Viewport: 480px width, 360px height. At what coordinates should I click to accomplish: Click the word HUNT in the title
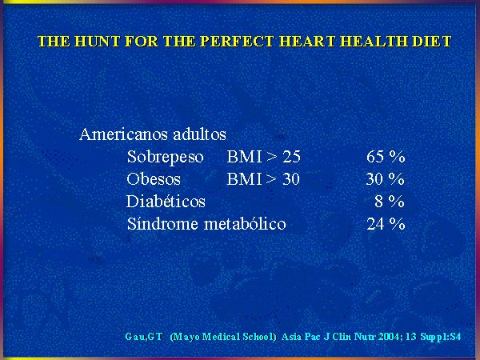tap(97, 42)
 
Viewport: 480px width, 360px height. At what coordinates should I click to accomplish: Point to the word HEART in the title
tap(307, 42)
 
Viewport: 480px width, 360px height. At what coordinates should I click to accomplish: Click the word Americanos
tap(124, 134)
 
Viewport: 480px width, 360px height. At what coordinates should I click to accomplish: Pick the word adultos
tap(199, 134)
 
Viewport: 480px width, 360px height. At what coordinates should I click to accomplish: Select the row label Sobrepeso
tap(166, 157)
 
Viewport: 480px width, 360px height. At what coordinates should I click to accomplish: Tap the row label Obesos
tap(154, 179)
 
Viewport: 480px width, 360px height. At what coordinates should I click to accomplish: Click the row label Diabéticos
tap(166, 202)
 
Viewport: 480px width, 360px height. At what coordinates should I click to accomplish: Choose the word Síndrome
tap(163, 224)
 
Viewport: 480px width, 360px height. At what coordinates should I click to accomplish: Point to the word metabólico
tap(245, 224)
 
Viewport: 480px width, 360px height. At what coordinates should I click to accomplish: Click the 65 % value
tap(386, 157)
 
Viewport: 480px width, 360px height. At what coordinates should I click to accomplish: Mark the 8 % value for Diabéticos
tap(390, 202)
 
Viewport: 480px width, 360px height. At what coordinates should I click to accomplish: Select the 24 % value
tap(386, 224)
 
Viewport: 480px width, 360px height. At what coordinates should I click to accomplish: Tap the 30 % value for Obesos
tap(385, 179)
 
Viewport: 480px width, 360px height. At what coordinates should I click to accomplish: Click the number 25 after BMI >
tap(291, 157)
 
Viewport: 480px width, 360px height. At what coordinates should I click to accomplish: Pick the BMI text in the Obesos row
tap(244, 179)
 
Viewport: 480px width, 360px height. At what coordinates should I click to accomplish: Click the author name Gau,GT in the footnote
tap(143, 337)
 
